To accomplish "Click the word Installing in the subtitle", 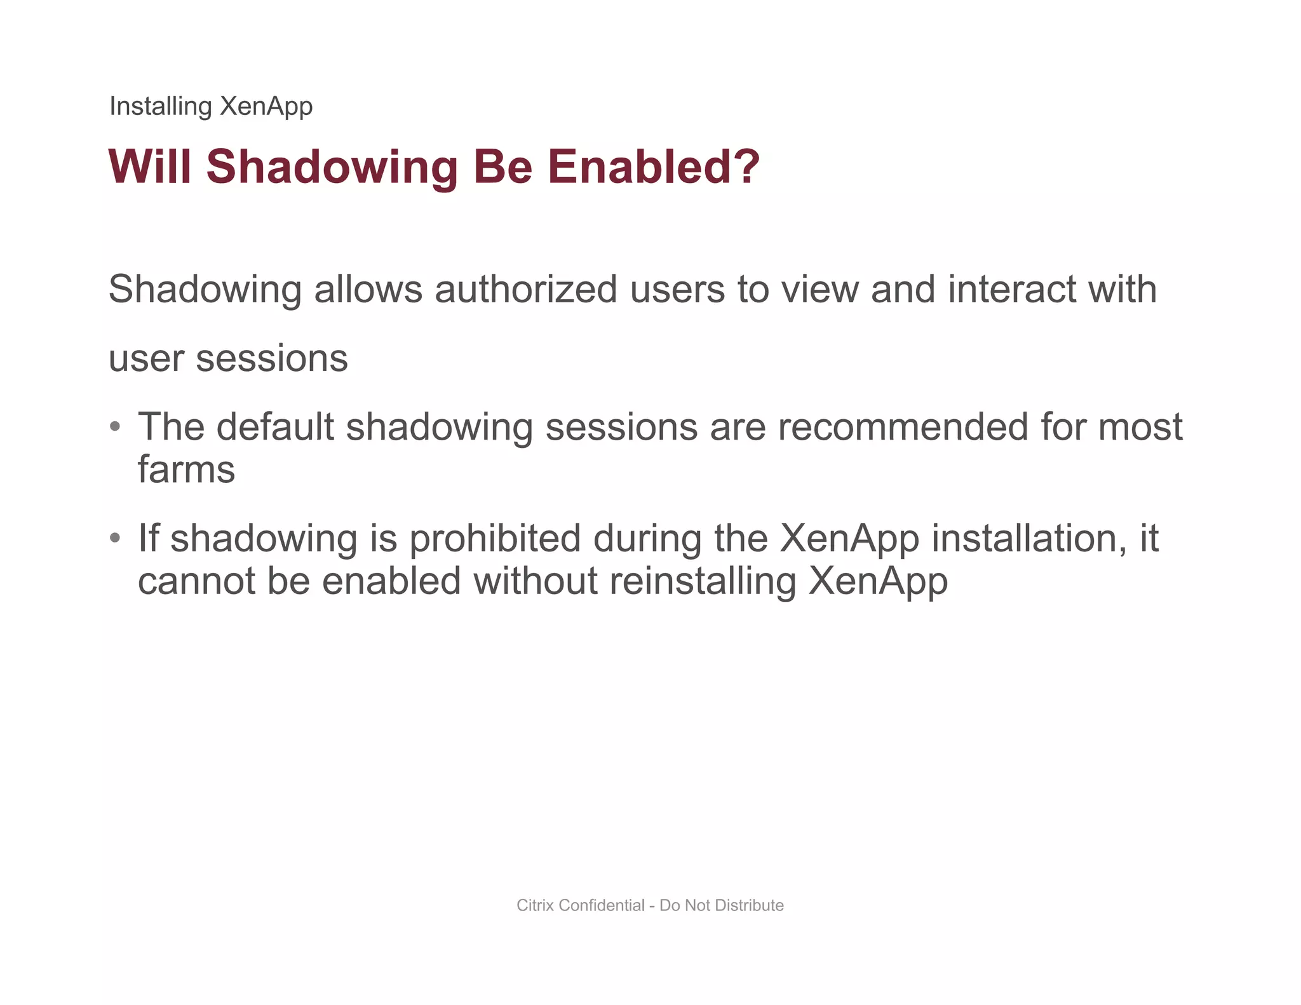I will [160, 106].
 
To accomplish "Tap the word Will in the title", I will [150, 166].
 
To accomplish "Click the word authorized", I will [526, 290].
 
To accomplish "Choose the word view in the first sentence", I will [819, 290].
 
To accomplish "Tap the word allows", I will [368, 290].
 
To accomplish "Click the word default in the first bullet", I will [274, 427].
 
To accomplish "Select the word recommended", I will [903, 427].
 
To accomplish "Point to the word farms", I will [186, 470].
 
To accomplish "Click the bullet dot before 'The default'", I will [115, 426].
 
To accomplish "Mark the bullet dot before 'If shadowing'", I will [115, 538].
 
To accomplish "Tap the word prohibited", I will [495, 539].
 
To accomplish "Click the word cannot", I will [196, 581].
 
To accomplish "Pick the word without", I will [536, 581].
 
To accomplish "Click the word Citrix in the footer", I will [536, 905].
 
